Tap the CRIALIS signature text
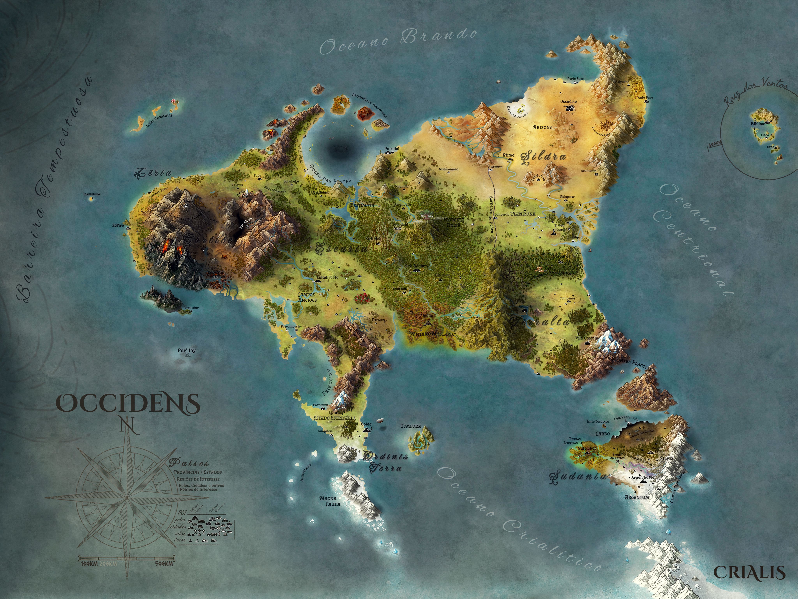click(x=750, y=573)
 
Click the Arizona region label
click(x=543, y=128)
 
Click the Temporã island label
click(x=410, y=426)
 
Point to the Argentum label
click(x=637, y=497)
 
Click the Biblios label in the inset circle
click(x=757, y=124)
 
